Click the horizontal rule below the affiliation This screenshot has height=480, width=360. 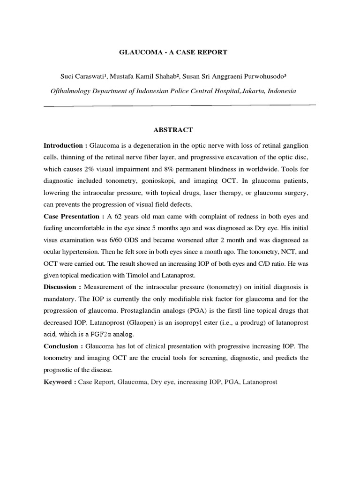180,105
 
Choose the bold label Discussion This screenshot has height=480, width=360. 61,286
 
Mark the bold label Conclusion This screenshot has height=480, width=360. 61,346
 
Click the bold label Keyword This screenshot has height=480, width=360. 59,382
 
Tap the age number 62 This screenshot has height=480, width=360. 119,217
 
